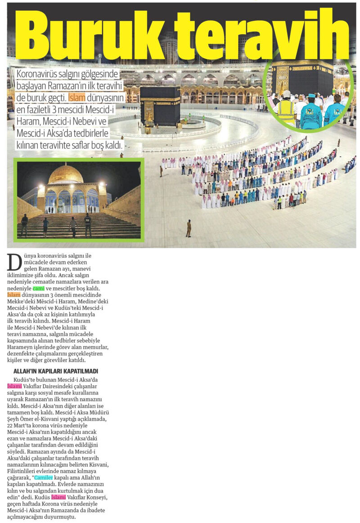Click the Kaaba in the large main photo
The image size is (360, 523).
[x=160, y=106]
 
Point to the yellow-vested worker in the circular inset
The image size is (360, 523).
[x=286, y=111]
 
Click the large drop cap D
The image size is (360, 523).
[x=14, y=262]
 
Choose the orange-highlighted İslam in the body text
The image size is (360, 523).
[x=15, y=295]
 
